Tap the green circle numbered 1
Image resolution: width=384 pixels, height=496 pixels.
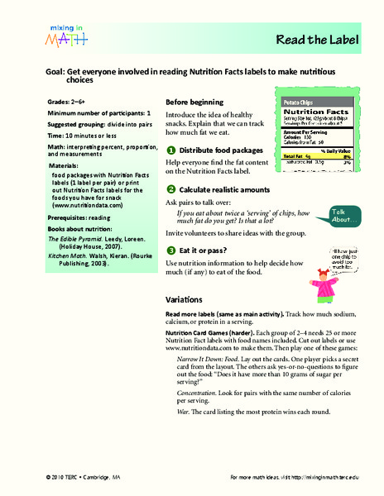[170, 127]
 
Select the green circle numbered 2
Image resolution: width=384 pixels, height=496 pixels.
[170, 166]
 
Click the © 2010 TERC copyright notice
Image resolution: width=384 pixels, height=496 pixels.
[65, 479]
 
